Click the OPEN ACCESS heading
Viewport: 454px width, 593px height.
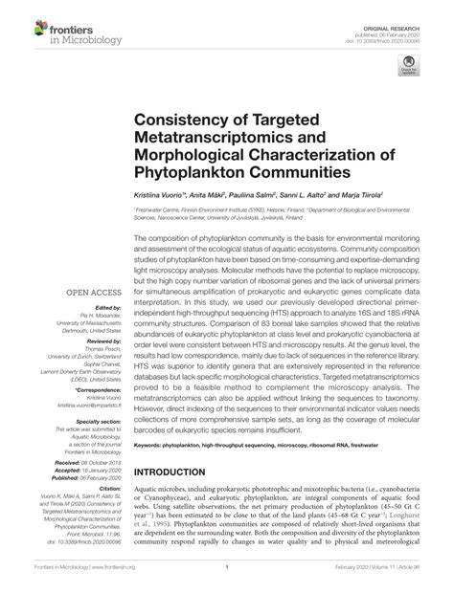91,292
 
